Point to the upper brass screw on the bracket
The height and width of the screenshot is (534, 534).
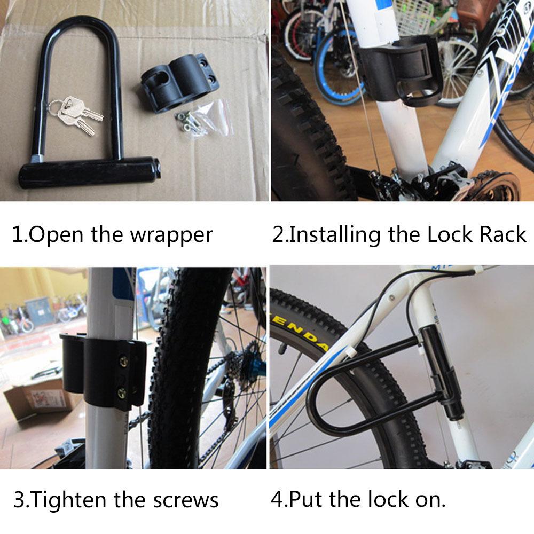(124, 362)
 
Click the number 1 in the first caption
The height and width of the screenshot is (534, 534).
(17, 234)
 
